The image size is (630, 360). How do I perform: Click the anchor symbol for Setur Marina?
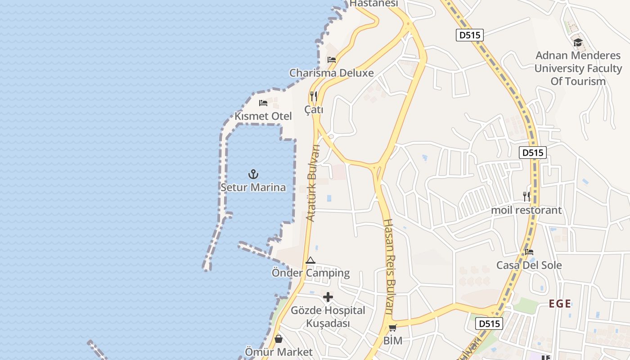pos(253,174)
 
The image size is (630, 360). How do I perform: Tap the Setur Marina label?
pos(253,187)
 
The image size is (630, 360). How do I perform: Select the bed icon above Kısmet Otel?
pos(263,103)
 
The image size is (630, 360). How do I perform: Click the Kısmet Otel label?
pos(263,116)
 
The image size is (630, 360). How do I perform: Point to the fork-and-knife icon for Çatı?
pos(314,96)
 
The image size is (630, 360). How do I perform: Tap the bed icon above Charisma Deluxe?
pos(332,59)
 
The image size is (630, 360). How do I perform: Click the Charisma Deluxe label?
pos(332,73)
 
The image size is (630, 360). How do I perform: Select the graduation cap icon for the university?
pos(578,43)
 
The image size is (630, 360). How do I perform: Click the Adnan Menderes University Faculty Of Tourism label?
pos(578,68)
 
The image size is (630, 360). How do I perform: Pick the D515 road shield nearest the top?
pos(470,35)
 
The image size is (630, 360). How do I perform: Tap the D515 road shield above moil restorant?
pos(533,153)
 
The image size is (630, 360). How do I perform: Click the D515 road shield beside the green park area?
pos(489,323)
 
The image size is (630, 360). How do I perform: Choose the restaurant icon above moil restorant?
pos(526,196)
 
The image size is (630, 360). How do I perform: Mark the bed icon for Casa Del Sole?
pos(529,252)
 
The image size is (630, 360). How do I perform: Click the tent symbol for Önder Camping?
pos(310,260)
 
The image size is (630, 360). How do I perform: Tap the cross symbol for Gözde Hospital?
pos(328,297)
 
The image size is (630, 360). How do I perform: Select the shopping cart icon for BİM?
pos(393,328)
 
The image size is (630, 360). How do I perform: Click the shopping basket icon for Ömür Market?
pos(279,338)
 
